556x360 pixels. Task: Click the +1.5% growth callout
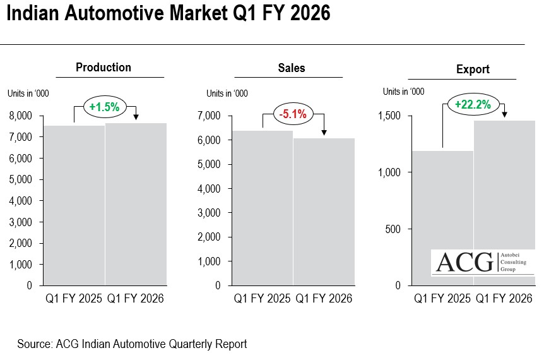click(104, 107)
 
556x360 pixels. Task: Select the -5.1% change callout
click(293, 114)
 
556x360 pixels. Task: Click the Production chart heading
click(104, 68)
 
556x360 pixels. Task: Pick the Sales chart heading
click(291, 68)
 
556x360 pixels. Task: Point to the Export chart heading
click(473, 69)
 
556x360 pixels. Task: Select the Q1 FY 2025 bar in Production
click(74, 205)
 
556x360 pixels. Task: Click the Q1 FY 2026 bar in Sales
click(324, 212)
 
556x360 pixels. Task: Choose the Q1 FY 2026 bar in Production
click(136, 204)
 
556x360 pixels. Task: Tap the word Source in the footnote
click(33, 344)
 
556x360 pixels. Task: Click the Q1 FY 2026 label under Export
click(504, 299)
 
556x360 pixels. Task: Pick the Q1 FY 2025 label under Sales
click(262, 299)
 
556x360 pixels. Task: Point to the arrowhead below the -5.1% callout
click(324, 132)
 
